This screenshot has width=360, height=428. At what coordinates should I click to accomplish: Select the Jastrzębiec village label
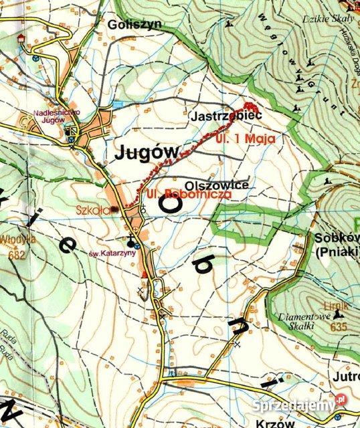[x=217, y=116]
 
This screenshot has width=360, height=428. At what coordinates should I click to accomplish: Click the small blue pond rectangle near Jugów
[x=118, y=106]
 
